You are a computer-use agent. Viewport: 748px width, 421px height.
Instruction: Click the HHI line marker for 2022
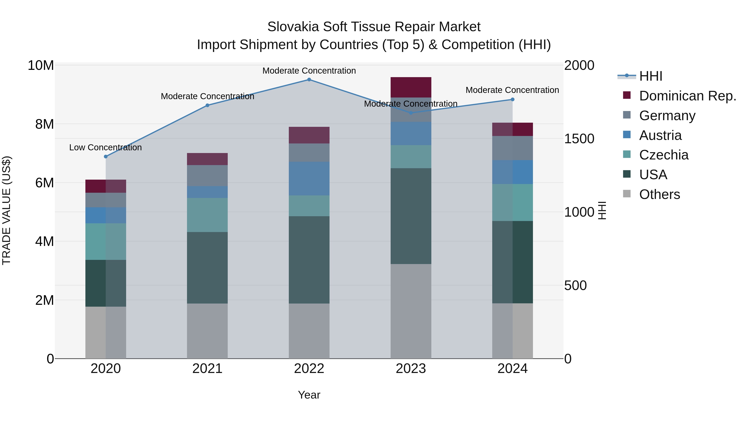[x=309, y=80]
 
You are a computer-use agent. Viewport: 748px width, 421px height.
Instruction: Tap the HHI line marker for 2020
[x=106, y=157]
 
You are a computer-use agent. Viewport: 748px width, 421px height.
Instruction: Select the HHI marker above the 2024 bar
[x=513, y=99]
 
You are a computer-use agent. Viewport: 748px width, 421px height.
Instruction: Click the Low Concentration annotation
[x=105, y=148]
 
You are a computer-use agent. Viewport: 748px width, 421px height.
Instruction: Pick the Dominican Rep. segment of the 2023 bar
[x=411, y=87]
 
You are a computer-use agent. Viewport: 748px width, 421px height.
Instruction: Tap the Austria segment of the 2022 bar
[x=309, y=178]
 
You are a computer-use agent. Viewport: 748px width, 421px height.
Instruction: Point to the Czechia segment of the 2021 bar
[x=207, y=215]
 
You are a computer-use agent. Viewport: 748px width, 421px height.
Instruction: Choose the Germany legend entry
[x=667, y=116]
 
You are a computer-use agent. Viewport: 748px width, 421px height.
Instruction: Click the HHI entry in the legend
[x=650, y=76]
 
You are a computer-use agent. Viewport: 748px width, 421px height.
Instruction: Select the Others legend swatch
[x=627, y=194]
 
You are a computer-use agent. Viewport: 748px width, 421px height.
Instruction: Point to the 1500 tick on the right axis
[x=579, y=139]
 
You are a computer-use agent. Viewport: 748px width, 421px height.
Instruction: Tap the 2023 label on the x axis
[x=411, y=369]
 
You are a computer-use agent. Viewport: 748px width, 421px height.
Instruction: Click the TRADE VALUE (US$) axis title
[x=6, y=210]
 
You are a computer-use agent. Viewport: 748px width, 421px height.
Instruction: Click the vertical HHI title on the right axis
[x=602, y=210]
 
